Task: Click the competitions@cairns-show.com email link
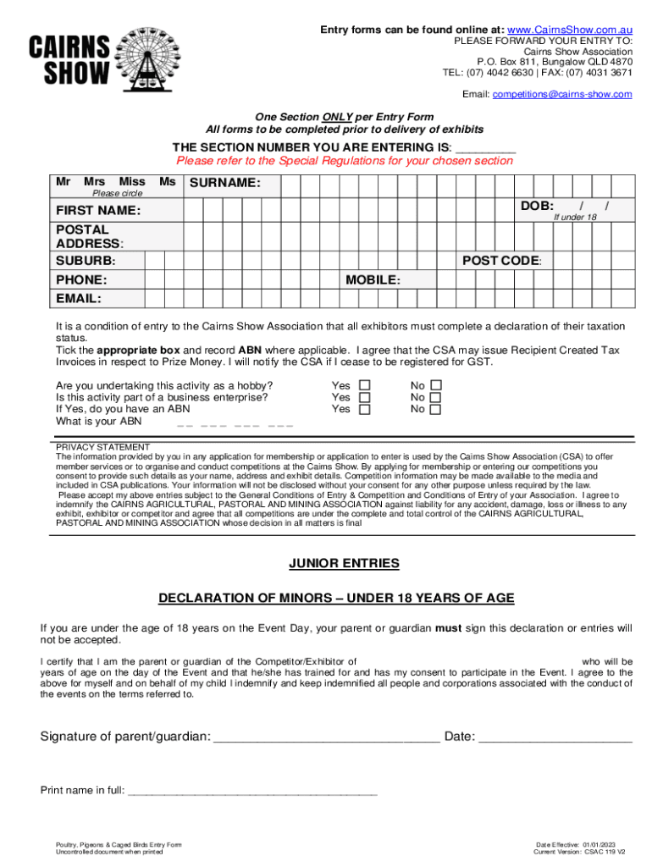point(562,94)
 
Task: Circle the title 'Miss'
point(131,182)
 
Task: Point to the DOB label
point(537,206)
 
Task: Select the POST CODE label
point(501,261)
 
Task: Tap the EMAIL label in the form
point(79,298)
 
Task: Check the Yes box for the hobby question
point(365,385)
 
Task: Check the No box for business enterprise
point(435,397)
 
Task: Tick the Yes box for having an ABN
point(365,410)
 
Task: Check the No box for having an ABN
point(435,410)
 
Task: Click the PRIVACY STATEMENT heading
point(102,447)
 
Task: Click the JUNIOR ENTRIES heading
point(344,564)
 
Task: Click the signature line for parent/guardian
point(326,737)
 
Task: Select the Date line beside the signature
point(555,737)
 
